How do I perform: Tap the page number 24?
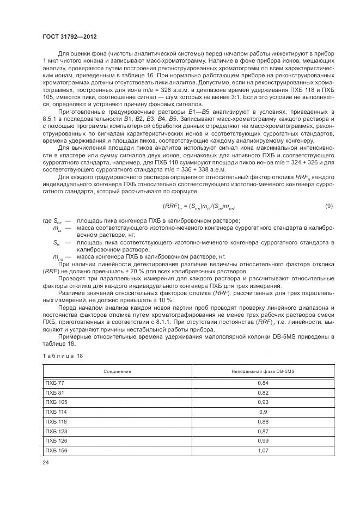pyautogui.click(x=46, y=462)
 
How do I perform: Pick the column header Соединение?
pyautogui.click(x=118, y=371)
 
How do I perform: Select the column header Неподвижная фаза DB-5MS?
pyautogui.click(x=263, y=371)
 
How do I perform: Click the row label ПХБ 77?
pyautogui.click(x=54, y=383)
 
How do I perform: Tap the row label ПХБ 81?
pyautogui.click(x=54, y=393)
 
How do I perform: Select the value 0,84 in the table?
pyautogui.click(x=263, y=383)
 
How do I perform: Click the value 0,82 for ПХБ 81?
pyautogui.click(x=263, y=393)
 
